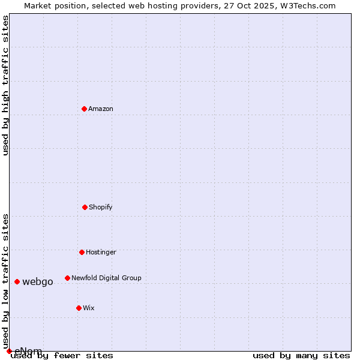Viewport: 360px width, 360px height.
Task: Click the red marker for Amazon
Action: (x=84, y=109)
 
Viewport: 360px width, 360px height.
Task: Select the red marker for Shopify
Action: (x=85, y=207)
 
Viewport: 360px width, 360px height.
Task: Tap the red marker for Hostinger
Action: (x=82, y=252)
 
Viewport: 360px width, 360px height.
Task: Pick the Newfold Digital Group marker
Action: (x=67, y=278)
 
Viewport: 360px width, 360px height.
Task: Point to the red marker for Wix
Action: (x=79, y=308)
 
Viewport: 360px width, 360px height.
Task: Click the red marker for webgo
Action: (x=17, y=281)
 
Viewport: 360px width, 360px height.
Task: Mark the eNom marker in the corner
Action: (x=9, y=351)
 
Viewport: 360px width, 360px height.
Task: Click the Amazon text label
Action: (x=101, y=109)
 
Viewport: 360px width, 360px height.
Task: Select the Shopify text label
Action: (x=101, y=207)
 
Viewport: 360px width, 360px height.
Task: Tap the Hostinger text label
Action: (x=101, y=252)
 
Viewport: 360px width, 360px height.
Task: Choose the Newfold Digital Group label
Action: (x=106, y=278)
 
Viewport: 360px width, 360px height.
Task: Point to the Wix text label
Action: (x=89, y=308)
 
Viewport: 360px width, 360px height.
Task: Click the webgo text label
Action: (x=38, y=281)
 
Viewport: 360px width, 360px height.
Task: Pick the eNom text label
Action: (x=28, y=351)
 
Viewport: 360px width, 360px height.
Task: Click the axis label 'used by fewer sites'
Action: (x=62, y=355)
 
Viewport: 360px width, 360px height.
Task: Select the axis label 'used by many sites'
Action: (x=301, y=355)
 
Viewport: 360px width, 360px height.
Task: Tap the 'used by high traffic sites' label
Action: (x=5, y=85)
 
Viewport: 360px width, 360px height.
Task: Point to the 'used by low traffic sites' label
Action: (x=5, y=281)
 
